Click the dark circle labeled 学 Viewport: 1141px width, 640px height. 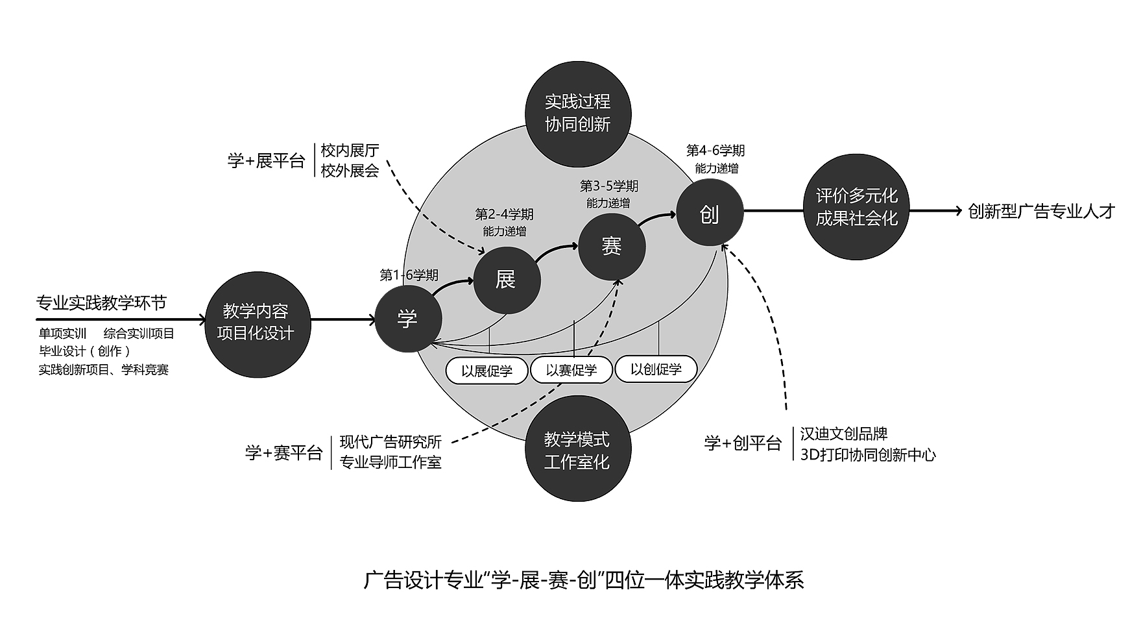408,319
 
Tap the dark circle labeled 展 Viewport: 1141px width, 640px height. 507,280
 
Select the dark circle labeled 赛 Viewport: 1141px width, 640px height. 612,247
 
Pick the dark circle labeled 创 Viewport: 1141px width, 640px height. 710,213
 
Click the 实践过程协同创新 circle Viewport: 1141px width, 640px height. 577,113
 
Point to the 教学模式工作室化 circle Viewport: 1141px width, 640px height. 577,450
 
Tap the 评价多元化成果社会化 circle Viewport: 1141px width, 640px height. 856,207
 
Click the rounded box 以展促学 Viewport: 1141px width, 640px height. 487,371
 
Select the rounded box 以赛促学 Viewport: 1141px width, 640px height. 571,370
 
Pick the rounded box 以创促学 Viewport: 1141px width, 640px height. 656,369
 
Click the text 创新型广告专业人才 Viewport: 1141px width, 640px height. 1040,212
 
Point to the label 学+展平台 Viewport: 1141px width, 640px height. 266,161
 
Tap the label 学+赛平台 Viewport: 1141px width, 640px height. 283,452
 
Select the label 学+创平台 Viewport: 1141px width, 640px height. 743,443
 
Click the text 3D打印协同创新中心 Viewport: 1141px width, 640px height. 868,454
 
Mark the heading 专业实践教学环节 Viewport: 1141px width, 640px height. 101,302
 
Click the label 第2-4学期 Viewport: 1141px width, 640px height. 504,214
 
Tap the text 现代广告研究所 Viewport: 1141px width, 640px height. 390,442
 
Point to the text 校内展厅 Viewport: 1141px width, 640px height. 350,151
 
